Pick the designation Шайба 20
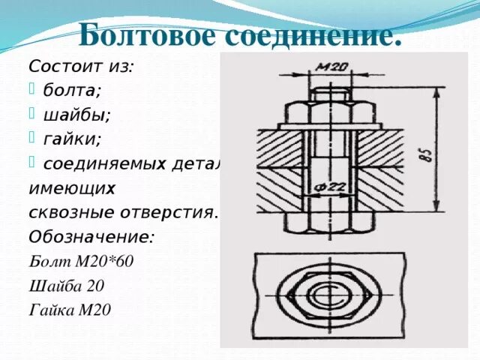pyautogui.click(x=66, y=286)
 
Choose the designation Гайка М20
pyautogui.click(x=69, y=310)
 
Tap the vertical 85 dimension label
pyautogui.click(x=424, y=155)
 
